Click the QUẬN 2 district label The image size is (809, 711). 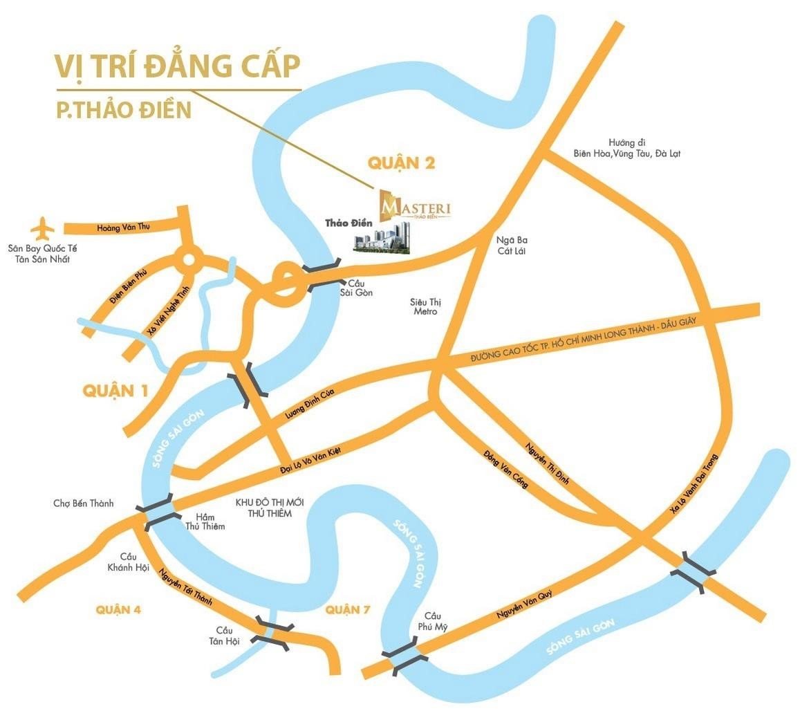(x=401, y=163)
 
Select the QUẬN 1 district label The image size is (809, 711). (x=115, y=391)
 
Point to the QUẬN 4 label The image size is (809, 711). (x=118, y=609)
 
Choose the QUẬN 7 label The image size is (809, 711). (x=347, y=609)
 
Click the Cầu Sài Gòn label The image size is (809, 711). (x=360, y=288)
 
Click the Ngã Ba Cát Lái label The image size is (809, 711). (x=512, y=245)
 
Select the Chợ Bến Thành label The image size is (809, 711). (x=83, y=504)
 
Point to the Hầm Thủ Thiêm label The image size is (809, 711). (x=205, y=521)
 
